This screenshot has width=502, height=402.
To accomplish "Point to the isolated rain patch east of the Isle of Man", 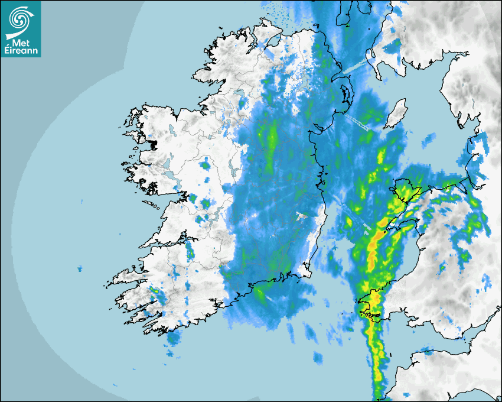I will click(x=428, y=140).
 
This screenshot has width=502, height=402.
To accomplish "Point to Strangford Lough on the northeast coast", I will click(x=344, y=95).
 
